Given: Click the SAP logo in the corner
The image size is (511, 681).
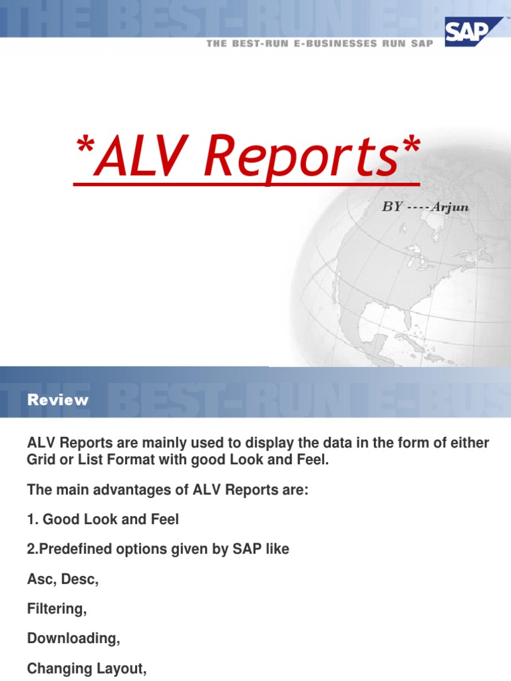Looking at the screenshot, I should coord(465,31).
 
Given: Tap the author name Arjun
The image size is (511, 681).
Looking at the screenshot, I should coord(450,207).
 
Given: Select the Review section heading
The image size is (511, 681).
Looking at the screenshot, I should coord(58,400).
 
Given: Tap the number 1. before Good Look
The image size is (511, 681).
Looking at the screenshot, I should coord(33,519).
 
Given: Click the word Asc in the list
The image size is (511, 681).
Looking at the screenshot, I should coord(41,579).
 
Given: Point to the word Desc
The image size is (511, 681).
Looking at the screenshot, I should coord(80,579).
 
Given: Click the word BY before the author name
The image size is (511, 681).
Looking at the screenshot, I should coord(392,207).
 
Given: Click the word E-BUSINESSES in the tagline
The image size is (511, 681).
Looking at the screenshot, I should coord(317,44).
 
